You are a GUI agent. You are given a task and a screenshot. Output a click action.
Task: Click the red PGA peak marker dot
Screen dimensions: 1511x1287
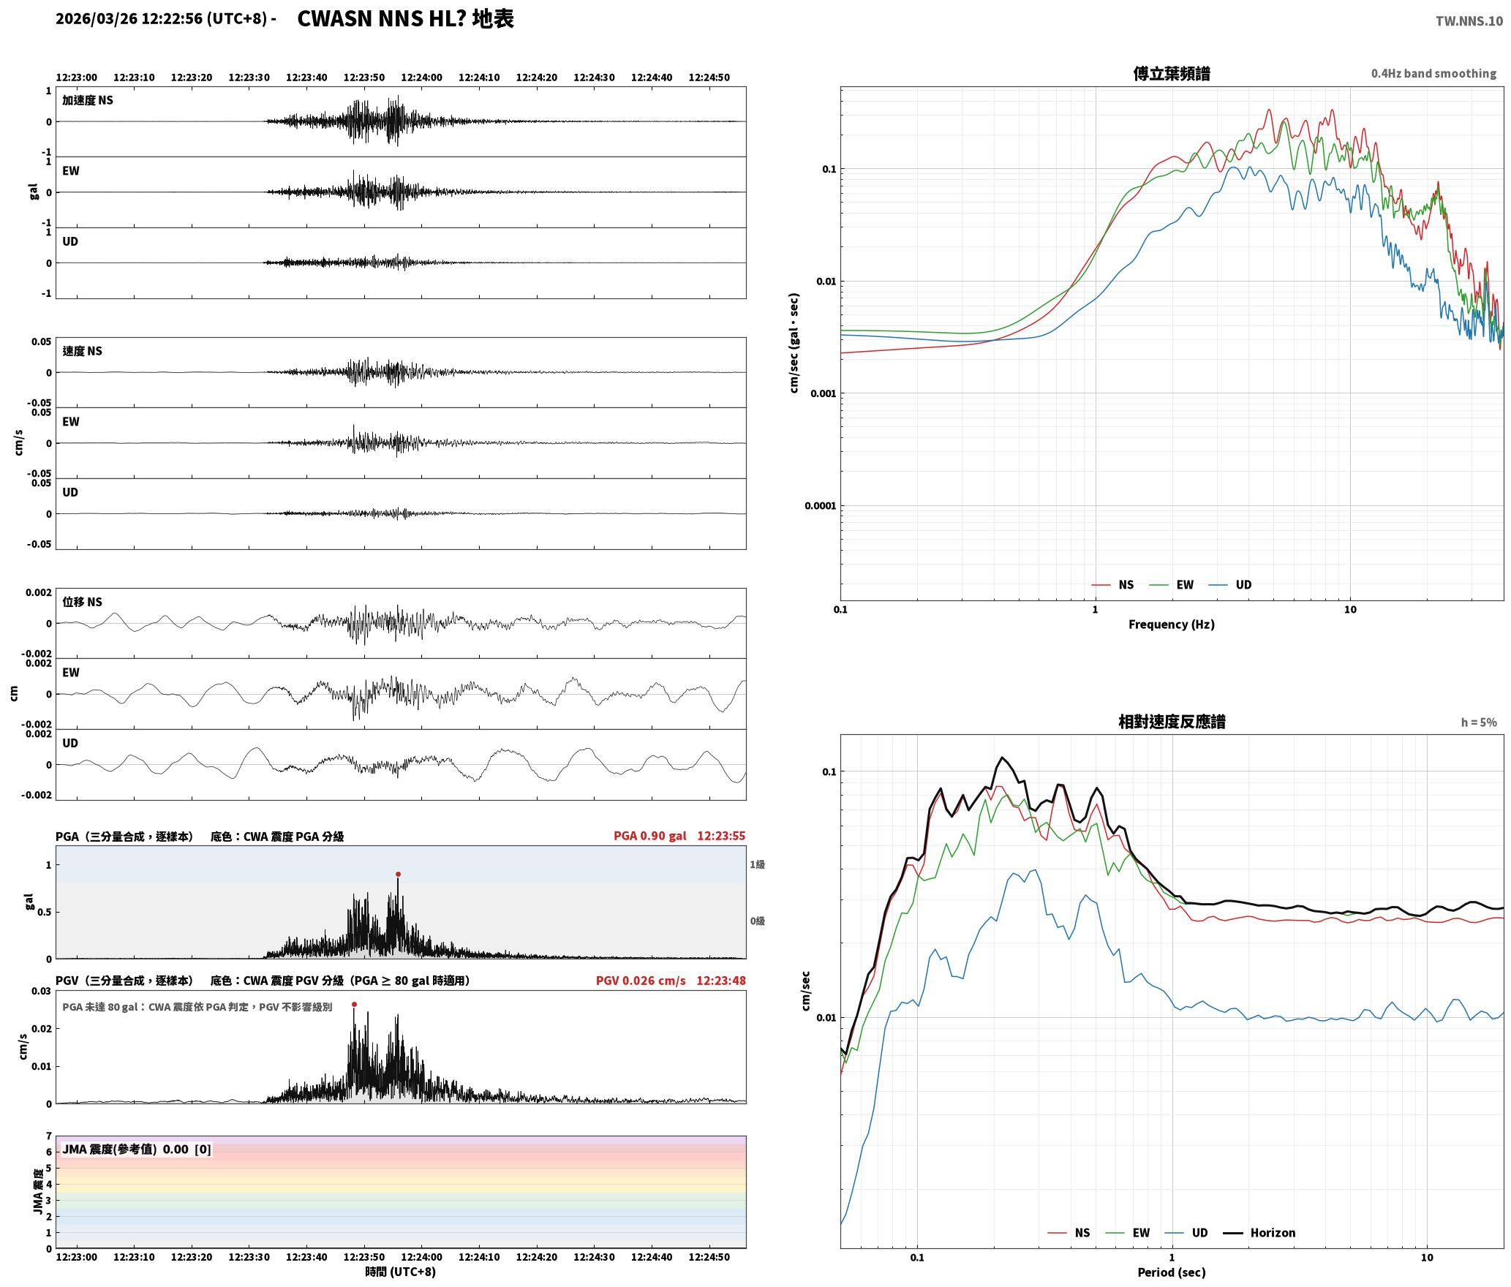coord(398,874)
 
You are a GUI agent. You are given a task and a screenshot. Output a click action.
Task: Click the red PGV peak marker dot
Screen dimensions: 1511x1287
coord(354,1005)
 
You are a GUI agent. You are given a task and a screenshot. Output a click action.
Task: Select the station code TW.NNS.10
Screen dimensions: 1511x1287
coord(1469,21)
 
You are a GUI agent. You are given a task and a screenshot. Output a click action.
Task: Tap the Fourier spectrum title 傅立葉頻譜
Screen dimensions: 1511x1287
coord(1171,74)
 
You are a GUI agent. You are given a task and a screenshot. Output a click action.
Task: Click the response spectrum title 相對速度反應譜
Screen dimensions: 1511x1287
coord(1172,722)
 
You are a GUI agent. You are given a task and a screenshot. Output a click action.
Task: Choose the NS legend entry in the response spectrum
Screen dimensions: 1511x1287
coord(1069,1233)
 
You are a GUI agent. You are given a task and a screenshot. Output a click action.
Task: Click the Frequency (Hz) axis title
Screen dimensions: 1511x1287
coord(1171,624)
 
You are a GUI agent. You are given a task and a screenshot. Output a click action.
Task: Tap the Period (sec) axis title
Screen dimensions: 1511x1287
coord(1171,1272)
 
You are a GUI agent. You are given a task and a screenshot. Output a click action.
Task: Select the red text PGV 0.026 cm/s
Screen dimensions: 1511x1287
coord(641,981)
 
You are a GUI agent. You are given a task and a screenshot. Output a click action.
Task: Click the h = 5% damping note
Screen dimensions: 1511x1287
coord(1479,722)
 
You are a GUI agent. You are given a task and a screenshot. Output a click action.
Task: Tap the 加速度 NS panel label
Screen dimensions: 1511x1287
coord(88,100)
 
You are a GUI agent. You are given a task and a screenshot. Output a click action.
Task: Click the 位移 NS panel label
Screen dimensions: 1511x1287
coord(82,602)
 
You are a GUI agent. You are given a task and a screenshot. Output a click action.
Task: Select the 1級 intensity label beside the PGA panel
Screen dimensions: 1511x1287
coord(757,864)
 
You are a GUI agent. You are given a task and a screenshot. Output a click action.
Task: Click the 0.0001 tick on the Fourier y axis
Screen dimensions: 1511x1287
coord(820,506)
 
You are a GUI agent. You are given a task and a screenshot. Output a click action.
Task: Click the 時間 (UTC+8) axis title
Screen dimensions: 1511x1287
coord(401,1272)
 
